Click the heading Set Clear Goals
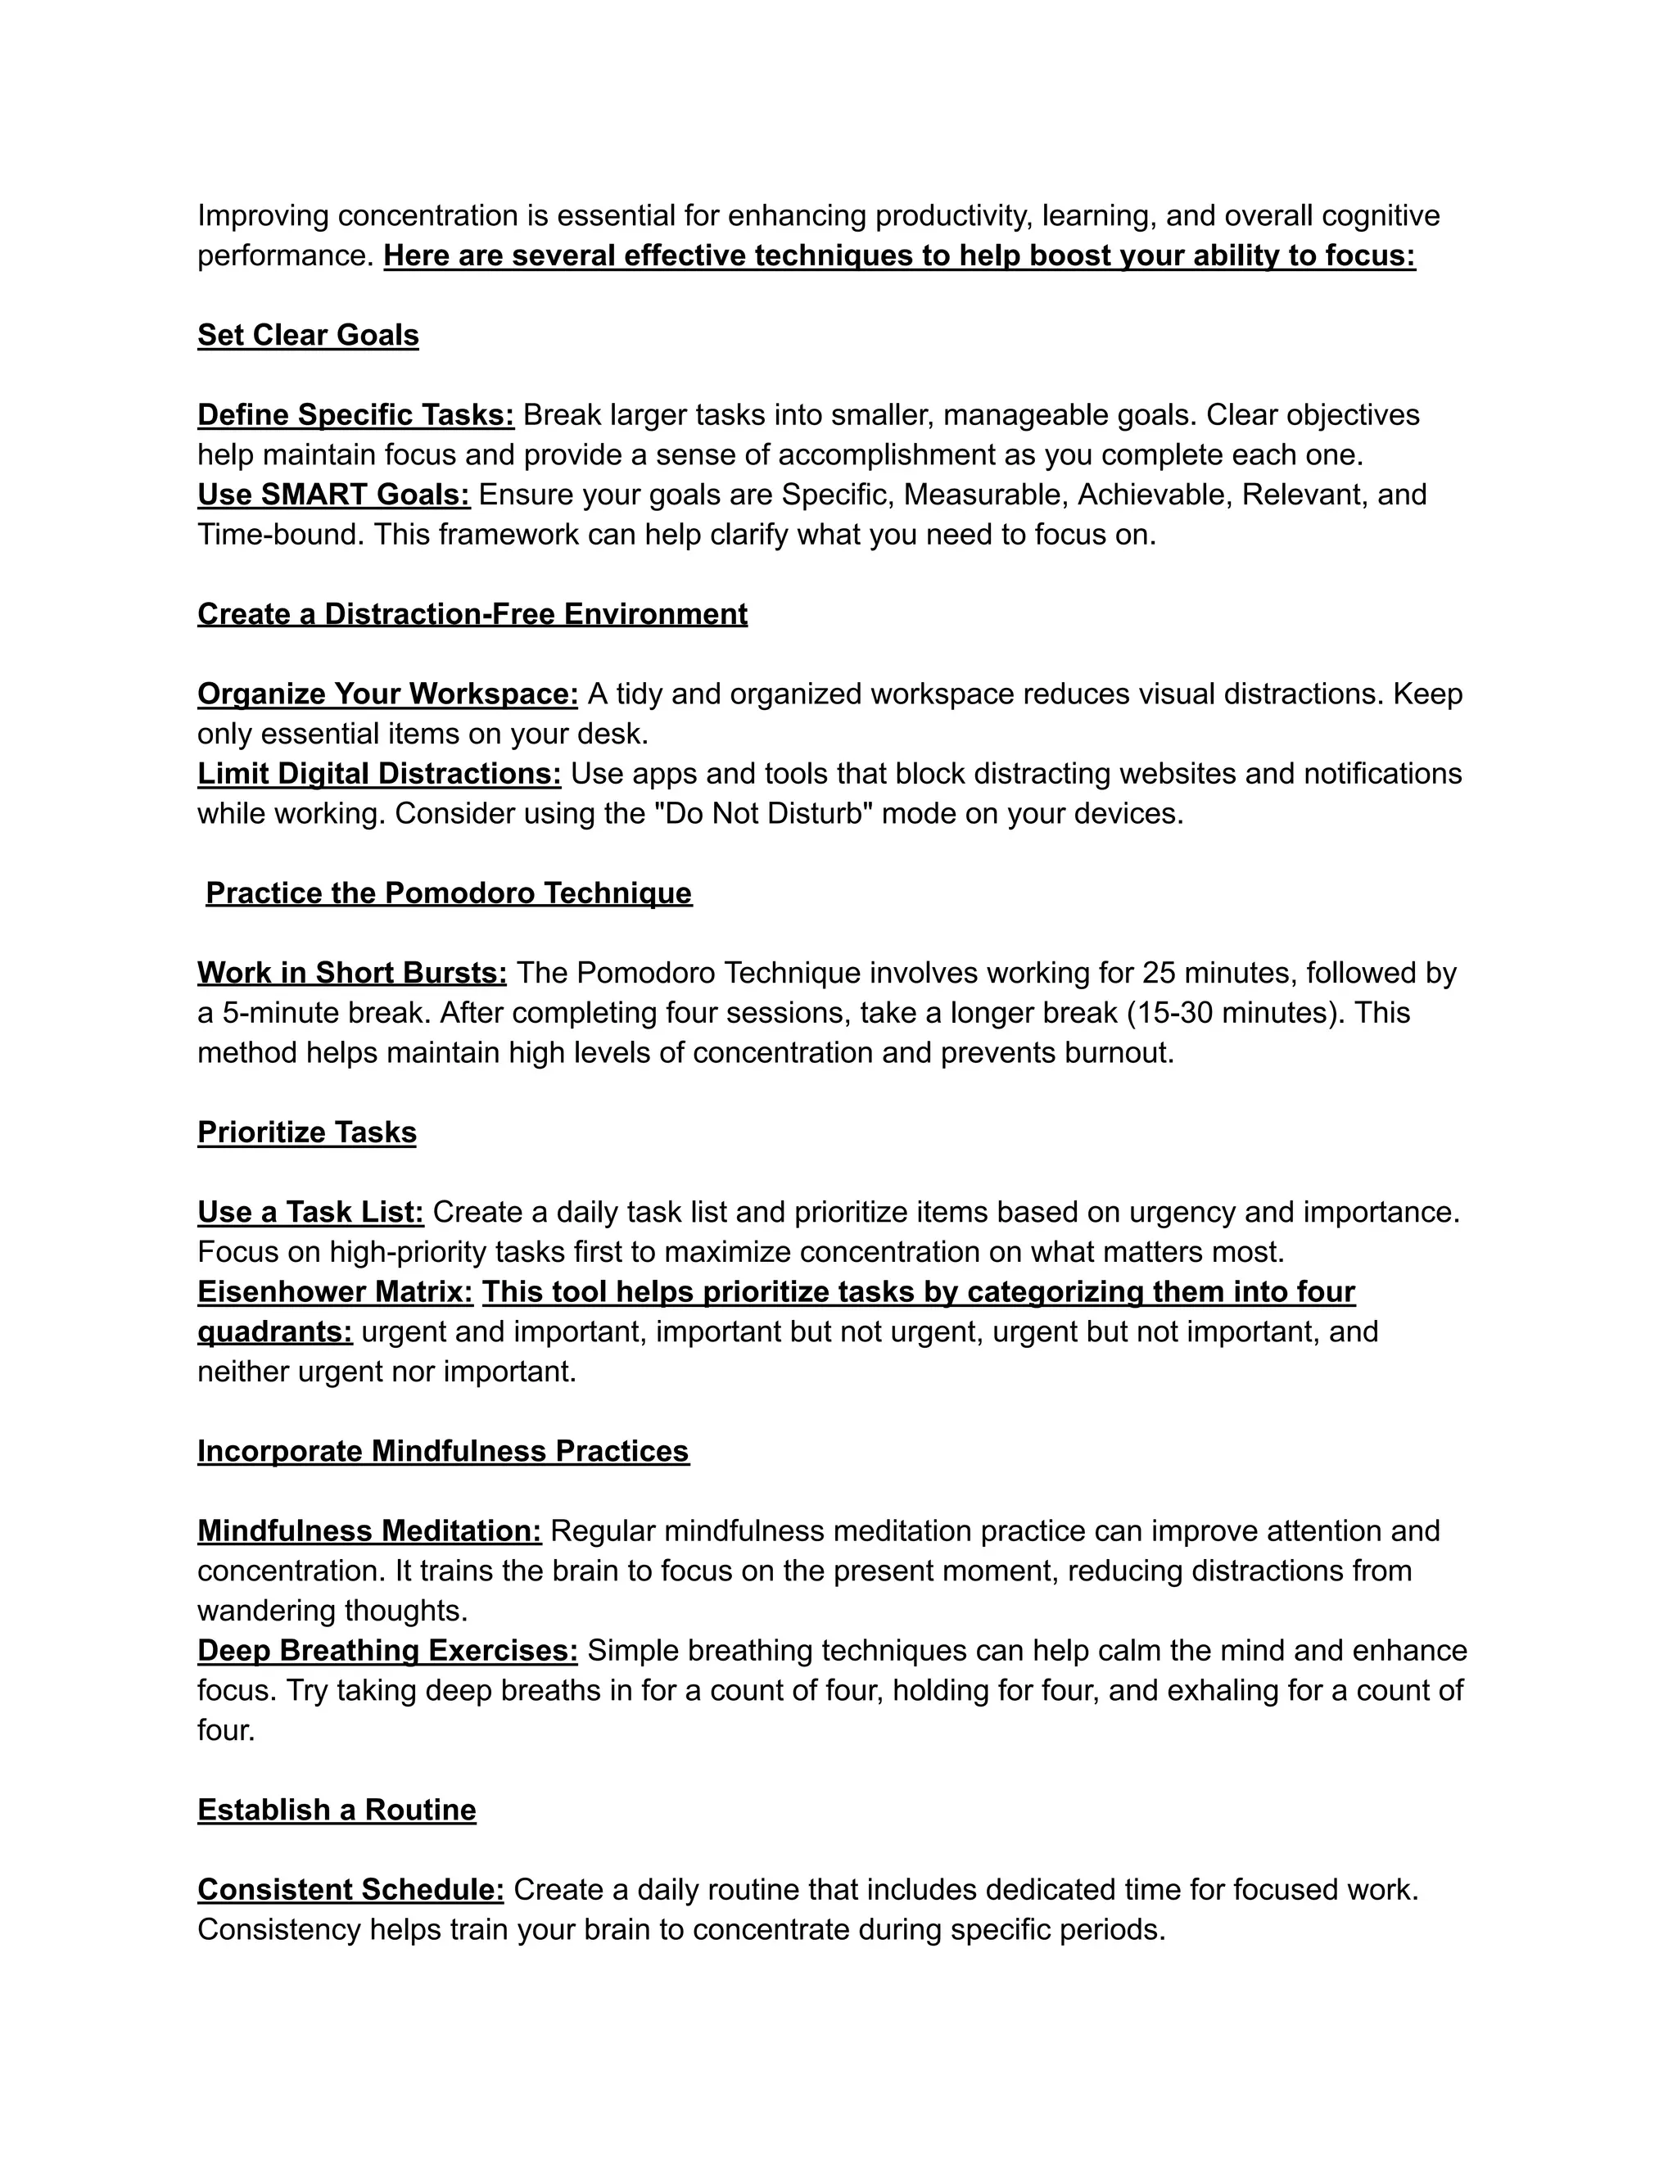(308, 336)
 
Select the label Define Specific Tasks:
(355, 415)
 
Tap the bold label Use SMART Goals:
(334, 495)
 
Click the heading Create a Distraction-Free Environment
(472, 614)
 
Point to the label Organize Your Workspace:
(387, 694)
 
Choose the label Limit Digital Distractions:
(378, 774)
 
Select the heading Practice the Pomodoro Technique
(448, 893)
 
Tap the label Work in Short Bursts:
(351, 973)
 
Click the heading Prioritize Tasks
(307, 1132)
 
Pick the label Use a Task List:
(311, 1212)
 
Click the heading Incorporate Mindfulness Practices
(443, 1452)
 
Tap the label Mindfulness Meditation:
(369, 1531)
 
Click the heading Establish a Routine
(337, 1811)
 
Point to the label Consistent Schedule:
(350, 1890)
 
